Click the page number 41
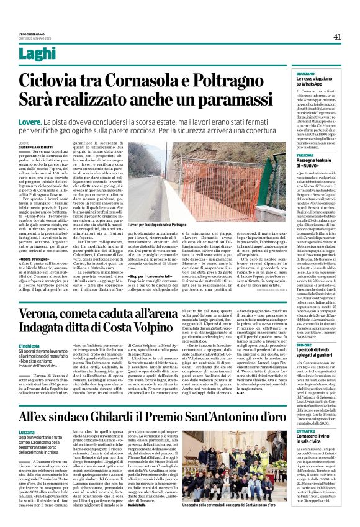click(x=337, y=37)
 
